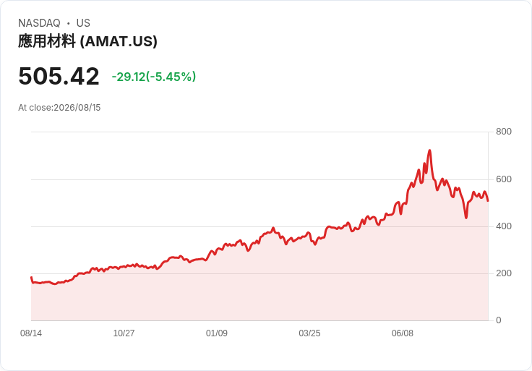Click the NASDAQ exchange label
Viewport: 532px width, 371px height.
click(x=39, y=23)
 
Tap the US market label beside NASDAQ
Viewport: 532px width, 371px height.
click(x=83, y=23)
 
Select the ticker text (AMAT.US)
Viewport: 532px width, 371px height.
click(x=119, y=41)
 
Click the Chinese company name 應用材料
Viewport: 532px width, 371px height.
click(x=47, y=41)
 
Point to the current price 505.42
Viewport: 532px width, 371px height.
click(x=59, y=76)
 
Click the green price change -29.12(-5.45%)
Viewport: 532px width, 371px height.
click(x=154, y=77)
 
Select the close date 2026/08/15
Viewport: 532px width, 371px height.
click(x=77, y=108)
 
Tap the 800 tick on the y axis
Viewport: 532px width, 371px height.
click(x=504, y=132)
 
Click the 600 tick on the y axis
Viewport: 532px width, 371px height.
click(x=504, y=179)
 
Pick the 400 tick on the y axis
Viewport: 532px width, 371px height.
click(x=504, y=226)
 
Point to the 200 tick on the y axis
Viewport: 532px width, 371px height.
click(x=504, y=273)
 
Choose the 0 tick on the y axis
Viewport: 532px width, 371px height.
click(x=499, y=320)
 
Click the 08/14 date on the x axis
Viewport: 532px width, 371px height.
click(x=31, y=333)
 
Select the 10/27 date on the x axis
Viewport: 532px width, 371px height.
click(x=124, y=333)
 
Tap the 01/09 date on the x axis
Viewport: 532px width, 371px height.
click(x=216, y=333)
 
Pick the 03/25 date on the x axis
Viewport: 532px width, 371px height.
click(x=309, y=333)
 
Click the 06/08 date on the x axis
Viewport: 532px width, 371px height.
click(x=403, y=333)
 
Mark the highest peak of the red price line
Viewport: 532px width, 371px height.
click(x=429, y=150)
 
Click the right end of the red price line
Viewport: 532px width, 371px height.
click(x=488, y=201)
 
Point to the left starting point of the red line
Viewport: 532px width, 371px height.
click(x=31, y=277)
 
